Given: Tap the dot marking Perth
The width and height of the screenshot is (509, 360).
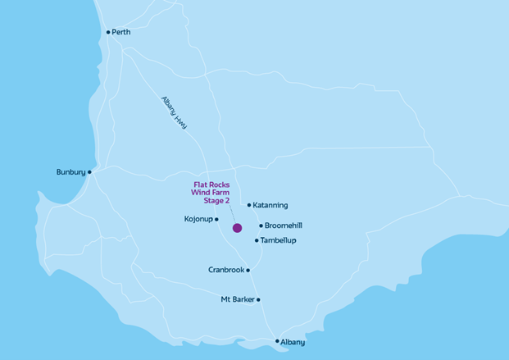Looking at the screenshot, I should [108, 33].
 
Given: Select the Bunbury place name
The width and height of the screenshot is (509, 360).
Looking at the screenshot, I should [70, 172].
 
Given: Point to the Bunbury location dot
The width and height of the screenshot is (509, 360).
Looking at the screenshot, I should [89, 172].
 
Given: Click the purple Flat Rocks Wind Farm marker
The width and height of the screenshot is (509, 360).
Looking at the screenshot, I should [237, 228].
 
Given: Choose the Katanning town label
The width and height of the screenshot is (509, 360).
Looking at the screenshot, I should [270, 205].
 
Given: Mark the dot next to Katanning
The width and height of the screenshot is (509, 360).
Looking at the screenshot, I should [248, 205].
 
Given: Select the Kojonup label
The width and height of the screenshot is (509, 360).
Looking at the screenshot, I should [198, 219].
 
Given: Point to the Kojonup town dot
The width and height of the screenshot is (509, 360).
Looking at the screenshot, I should [216, 219].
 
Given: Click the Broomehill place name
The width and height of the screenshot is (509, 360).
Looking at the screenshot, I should [284, 226].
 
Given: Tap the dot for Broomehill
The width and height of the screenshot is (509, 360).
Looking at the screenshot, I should [261, 226].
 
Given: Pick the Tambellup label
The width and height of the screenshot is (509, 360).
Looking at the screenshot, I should [279, 240].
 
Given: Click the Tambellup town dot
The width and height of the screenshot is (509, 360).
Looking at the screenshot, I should [257, 240].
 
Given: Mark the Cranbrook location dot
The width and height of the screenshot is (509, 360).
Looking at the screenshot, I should [248, 270].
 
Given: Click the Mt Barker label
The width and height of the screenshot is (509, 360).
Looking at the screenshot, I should [238, 299].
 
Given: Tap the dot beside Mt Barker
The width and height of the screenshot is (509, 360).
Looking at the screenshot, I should [258, 299].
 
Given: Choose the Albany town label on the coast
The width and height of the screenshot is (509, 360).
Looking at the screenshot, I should [293, 341].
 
